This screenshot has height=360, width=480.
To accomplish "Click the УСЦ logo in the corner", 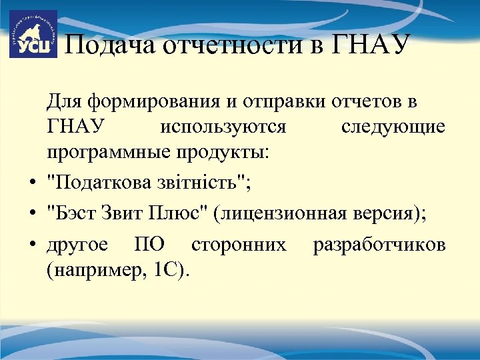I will (x=33, y=34).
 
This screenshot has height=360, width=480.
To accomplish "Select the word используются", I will (x=223, y=127).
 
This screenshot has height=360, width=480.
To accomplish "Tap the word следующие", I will (x=393, y=127).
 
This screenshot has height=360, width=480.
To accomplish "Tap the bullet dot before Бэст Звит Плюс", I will (x=33, y=214).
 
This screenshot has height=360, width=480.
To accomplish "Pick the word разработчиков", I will (x=379, y=245).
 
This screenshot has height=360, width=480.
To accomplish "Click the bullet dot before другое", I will (x=33, y=246).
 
